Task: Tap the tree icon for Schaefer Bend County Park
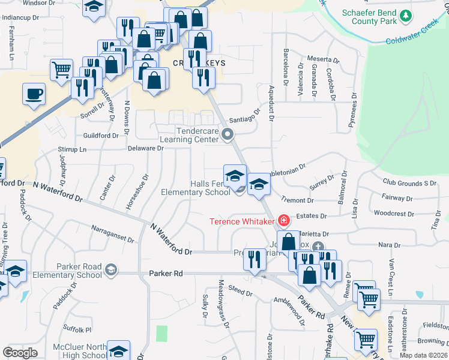tap(408, 16)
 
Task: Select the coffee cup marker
tap(34, 94)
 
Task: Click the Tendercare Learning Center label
tap(197, 135)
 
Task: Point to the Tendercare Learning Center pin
tap(227, 135)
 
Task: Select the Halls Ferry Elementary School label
tap(196, 188)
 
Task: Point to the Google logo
tap(20, 352)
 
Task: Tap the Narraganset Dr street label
tap(113, 233)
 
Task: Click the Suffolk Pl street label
tap(79, 329)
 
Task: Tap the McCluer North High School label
tap(79, 351)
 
